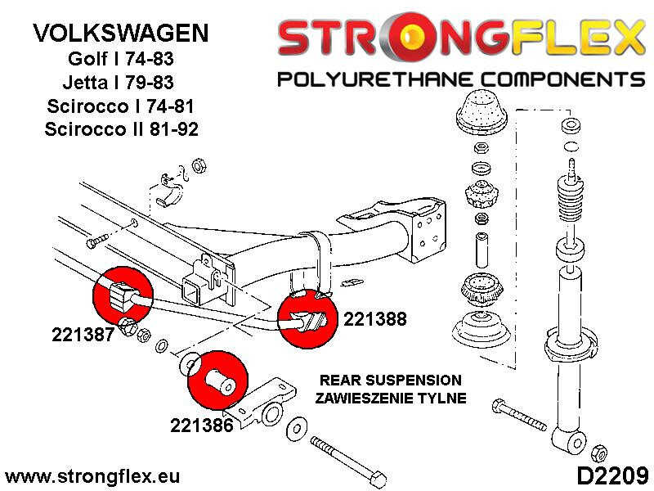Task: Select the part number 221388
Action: click(x=375, y=320)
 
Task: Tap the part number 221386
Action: click(x=202, y=426)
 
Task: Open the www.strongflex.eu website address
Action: click(x=92, y=476)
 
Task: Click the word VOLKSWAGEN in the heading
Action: click(x=120, y=34)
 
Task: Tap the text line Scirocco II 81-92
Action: click(x=121, y=129)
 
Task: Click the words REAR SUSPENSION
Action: click(x=391, y=381)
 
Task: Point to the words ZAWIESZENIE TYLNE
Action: click(x=391, y=399)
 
